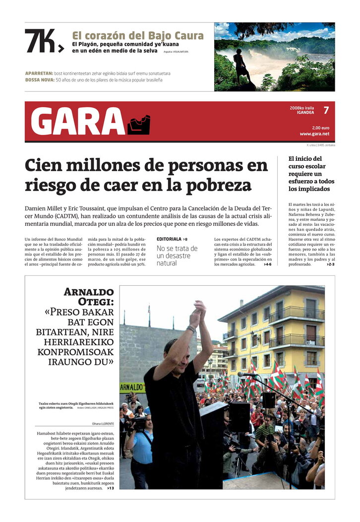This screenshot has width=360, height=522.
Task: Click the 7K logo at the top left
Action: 44,41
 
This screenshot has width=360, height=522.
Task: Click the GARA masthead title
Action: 77,122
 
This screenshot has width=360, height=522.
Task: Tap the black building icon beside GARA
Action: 139,125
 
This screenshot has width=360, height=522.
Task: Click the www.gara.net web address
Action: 314,134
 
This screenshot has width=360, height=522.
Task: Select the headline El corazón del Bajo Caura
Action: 138,36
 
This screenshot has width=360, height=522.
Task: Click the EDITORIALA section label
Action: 169,239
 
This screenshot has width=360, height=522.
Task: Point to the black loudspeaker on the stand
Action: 269,400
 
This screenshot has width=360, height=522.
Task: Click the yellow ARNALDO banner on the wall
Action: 132,386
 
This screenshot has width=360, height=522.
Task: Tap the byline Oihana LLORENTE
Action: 103,423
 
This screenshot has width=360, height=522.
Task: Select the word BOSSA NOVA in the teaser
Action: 40,80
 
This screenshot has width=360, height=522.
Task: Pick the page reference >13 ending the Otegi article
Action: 110,488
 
